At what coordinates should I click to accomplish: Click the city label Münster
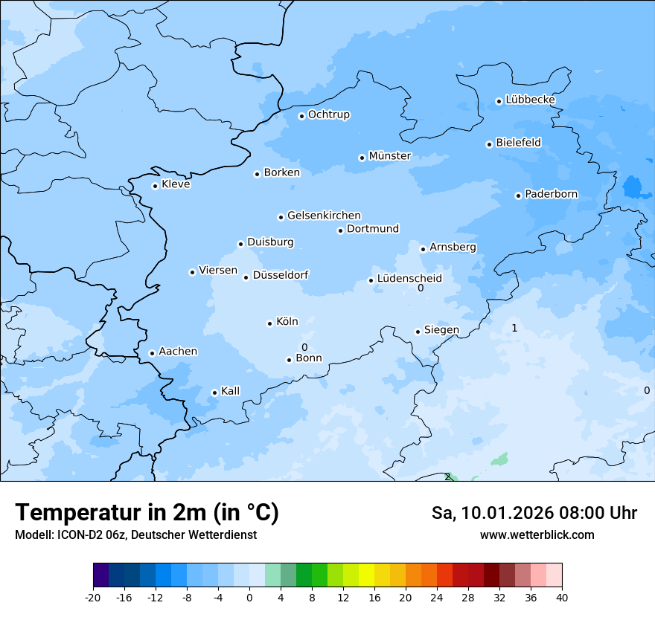tap(389, 156)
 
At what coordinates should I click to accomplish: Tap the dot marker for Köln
tap(270, 323)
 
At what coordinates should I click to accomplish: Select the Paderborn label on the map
tap(551, 195)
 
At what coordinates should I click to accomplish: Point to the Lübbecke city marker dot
tap(499, 101)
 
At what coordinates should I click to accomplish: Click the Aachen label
tap(178, 352)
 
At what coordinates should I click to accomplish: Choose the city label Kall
tap(231, 391)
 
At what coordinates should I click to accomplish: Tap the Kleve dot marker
tap(156, 186)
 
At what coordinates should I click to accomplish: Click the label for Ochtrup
tap(328, 114)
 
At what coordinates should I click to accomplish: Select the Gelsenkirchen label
tap(324, 216)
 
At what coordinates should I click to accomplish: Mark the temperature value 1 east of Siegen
tap(514, 328)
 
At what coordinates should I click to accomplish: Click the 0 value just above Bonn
tap(304, 347)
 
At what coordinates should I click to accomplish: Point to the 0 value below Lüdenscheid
tap(421, 288)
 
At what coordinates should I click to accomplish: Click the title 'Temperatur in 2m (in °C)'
tap(147, 513)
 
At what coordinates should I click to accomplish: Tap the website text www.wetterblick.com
tap(537, 535)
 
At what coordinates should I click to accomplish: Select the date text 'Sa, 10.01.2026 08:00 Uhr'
tap(534, 513)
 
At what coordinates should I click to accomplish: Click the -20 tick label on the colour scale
tap(93, 598)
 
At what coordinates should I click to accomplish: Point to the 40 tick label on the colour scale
tap(562, 598)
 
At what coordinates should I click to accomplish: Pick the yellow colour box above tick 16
tap(366, 575)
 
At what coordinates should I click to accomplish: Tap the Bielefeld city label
tap(518, 142)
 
